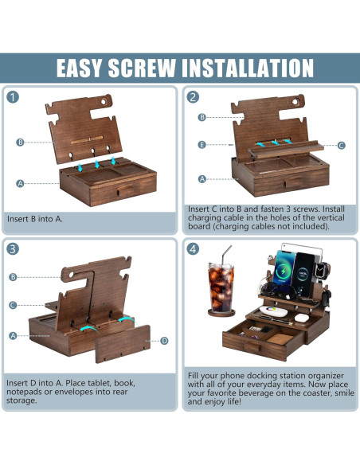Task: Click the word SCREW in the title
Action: [142, 68]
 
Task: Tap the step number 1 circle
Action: [13, 97]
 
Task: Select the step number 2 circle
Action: [193, 97]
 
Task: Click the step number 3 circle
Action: [13, 249]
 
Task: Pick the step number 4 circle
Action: [193, 249]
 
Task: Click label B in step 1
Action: [20, 143]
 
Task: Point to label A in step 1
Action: [20, 184]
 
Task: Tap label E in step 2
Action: [202, 145]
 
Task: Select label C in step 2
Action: [342, 145]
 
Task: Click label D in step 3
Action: [164, 341]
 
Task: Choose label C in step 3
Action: [13, 305]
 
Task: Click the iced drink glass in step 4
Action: [221, 287]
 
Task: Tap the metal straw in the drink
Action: [226, 255]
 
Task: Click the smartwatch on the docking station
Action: [320, 269]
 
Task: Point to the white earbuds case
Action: [302, 318]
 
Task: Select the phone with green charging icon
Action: [284, 268]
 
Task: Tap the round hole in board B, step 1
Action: [104, 102]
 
